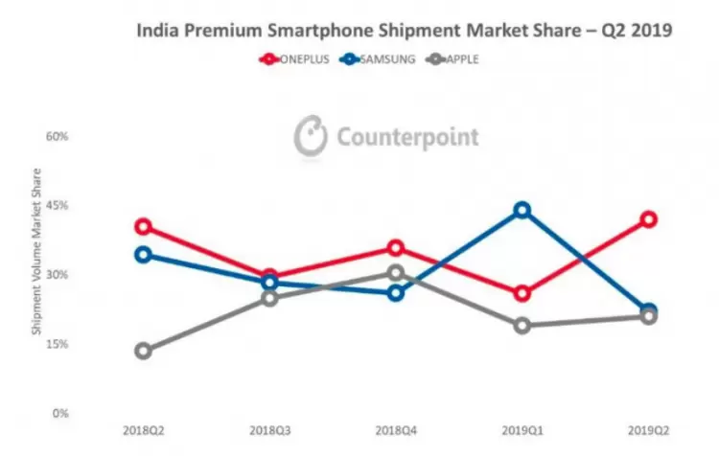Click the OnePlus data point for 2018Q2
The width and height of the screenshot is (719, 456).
point(144,226)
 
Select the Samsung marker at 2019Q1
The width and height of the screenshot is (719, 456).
point(522,211)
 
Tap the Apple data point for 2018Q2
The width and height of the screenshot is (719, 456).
point(144,351)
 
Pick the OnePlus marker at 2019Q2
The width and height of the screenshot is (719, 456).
point(648,219)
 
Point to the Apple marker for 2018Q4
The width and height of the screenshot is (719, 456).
point(396,273)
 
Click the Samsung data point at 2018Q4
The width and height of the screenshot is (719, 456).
point(396,293)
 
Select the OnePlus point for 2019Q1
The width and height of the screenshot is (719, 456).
point(522,293)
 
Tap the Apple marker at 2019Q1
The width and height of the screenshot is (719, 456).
point(522,326)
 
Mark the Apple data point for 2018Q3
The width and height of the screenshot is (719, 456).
point(270,298)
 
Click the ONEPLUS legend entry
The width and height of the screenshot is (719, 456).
point(294,59)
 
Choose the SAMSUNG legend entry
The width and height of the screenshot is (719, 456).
point(378,59)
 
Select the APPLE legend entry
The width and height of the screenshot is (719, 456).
point(452,59)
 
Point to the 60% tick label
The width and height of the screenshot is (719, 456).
point(57,136)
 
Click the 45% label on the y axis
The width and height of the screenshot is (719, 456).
point(57,205)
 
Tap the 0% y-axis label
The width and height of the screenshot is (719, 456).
point(60,414)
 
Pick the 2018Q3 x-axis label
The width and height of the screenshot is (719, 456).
point(270,431)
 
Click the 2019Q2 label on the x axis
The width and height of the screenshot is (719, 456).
point(648,431)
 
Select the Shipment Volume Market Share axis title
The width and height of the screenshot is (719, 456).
point(36,252)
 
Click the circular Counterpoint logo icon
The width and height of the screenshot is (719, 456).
point(311,136)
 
